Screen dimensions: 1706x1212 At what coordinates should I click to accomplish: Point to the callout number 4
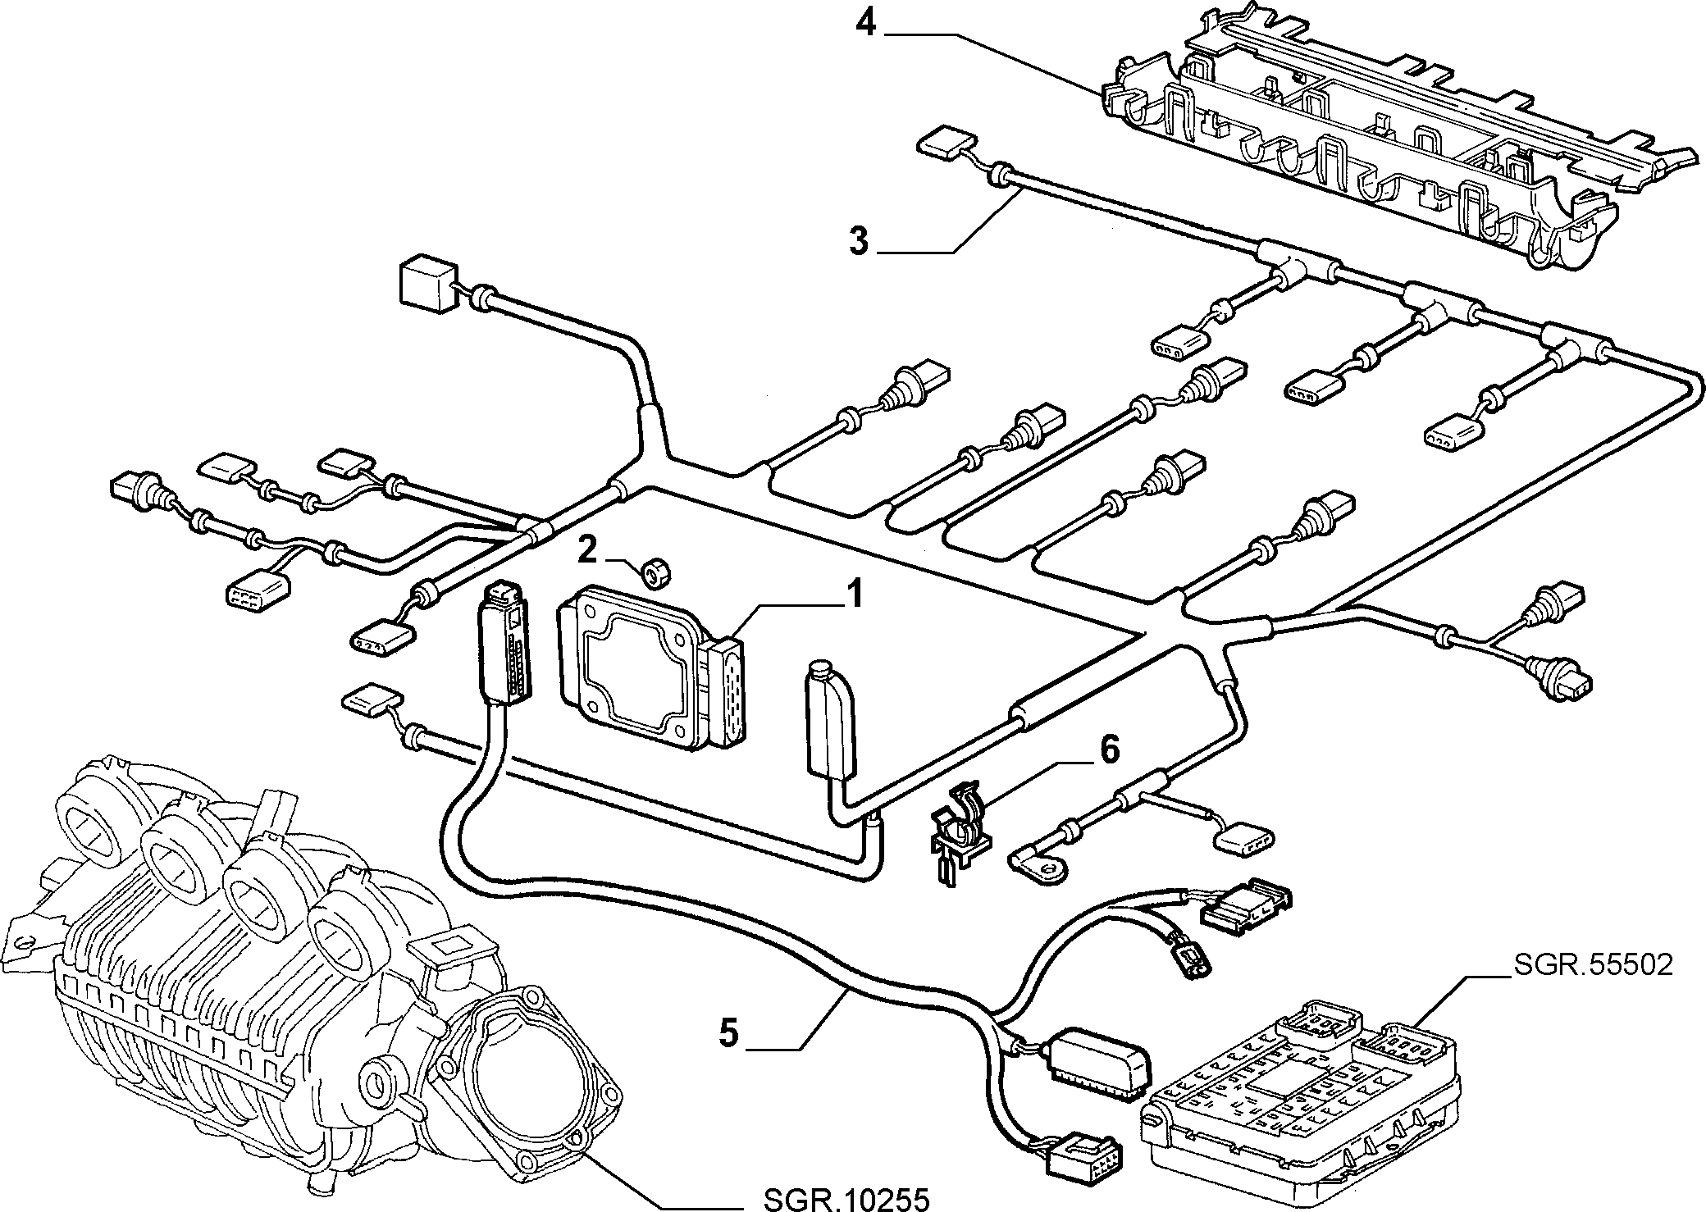click(866, 23)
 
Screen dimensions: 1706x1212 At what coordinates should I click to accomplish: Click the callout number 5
click(728, 1032)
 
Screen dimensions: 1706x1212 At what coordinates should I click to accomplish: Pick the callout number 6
click(1108, 750)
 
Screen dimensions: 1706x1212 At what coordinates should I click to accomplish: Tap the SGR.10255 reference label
click(846, 1201)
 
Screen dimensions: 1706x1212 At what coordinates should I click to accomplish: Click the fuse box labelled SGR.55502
click(1300, 1095)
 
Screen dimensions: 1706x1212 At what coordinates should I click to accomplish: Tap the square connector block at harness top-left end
click(427, 286)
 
